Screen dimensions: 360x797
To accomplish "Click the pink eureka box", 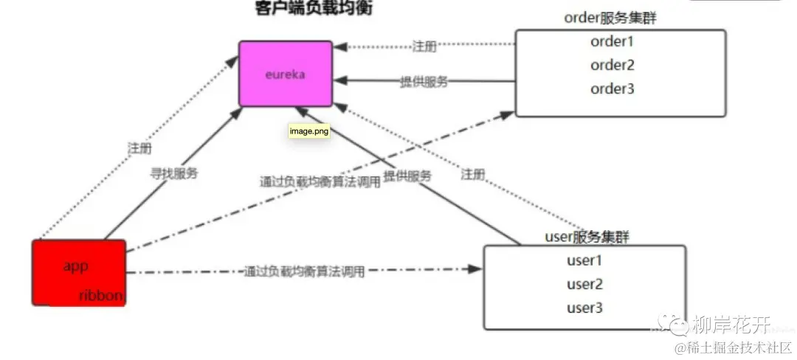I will [x=284, y=74].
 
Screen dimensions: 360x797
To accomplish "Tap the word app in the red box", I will [x=76, y=267].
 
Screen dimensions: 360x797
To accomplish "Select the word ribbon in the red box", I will [x=101, y=295].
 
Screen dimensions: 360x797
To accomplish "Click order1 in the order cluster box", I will [x=613, y=41].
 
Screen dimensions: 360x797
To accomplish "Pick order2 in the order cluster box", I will [x=613, y=65].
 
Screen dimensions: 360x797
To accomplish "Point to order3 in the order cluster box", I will [x=613, y=89].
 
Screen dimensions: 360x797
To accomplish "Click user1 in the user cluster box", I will [x=584, y=260].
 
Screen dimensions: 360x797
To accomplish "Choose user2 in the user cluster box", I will [x=584, y=284].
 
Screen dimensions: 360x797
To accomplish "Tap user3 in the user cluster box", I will [x=584, y=308].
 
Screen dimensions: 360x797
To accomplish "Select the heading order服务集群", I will [x=610, y=18].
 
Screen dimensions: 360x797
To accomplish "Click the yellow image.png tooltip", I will [x=308, y=131].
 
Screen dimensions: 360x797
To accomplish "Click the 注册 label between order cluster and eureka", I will [x=424, y=46].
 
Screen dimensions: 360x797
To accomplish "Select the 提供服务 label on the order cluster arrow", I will [x=424, y=82].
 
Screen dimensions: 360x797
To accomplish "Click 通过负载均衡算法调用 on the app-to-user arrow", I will [x=304, y=271].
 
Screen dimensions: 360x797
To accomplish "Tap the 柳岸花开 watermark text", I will [x=731, y=325].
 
